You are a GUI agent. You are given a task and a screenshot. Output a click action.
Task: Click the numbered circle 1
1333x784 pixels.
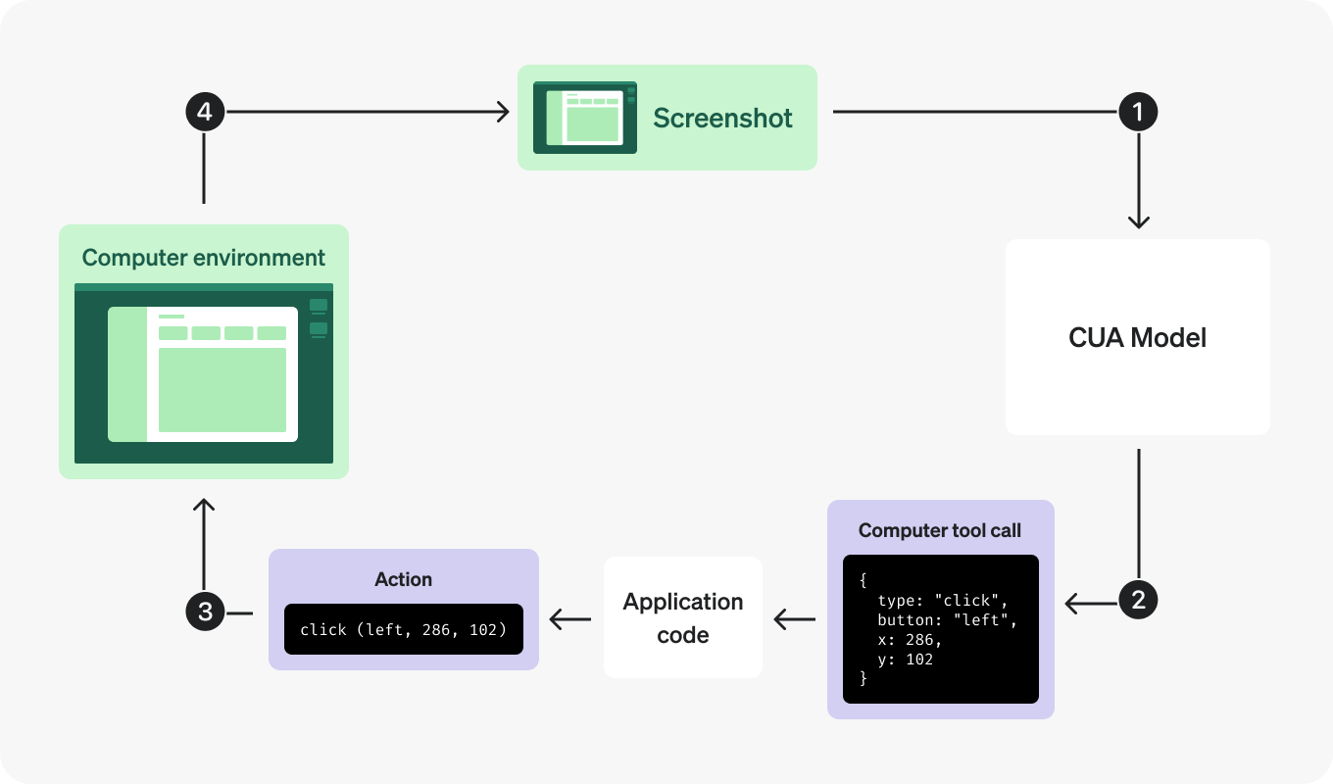tap(1138, 113)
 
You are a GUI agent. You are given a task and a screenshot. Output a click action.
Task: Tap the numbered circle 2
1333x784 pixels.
tap(1138, 600)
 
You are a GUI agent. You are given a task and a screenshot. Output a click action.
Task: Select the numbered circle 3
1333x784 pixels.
tap(205, 612)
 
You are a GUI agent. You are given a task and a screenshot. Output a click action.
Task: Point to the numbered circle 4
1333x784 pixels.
tap(205, 113)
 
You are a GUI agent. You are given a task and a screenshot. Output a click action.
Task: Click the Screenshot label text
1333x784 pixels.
tap(722, 118)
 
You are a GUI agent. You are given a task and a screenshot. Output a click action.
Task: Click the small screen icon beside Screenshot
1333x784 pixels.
tap(584, 118)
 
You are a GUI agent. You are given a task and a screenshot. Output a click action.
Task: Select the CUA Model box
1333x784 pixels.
tap(1137, 337)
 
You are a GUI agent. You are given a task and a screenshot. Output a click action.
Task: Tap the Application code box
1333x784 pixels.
tap(682, 617)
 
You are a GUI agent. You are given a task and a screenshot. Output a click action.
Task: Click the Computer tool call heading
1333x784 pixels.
tap(939, 530)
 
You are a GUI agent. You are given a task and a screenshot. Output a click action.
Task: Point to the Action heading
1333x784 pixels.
tap(403, 579)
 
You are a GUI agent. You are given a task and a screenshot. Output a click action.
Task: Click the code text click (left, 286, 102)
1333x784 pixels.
tap(403, 629)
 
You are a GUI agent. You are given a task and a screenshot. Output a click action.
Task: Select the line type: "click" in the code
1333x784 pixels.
tap(942, 600)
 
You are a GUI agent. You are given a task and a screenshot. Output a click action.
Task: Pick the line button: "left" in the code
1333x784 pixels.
tap(948, 619)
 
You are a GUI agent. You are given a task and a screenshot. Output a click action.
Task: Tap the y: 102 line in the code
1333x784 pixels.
tap(906, 660)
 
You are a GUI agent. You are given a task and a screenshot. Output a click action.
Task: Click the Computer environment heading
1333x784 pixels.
tap(203, 258)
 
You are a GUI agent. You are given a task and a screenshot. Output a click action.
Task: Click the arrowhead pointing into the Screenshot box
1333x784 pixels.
tap(504, 113)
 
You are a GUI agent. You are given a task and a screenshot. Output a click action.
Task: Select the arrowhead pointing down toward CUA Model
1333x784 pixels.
tap(1138, 222)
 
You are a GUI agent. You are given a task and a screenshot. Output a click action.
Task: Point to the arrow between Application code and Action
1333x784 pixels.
tap(569, 618)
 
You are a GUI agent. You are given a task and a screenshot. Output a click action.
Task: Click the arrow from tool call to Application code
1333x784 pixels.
tap(794, 618)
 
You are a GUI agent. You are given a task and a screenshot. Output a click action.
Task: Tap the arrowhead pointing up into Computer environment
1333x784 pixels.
tap(204, 505)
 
